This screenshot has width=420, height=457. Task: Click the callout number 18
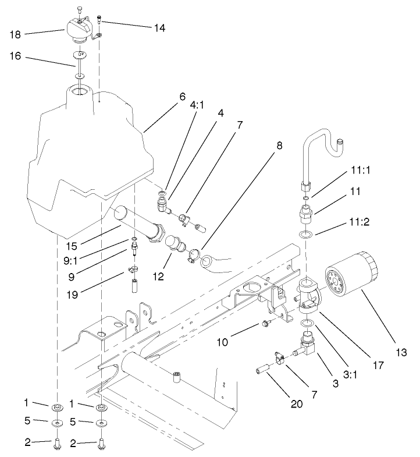16,35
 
